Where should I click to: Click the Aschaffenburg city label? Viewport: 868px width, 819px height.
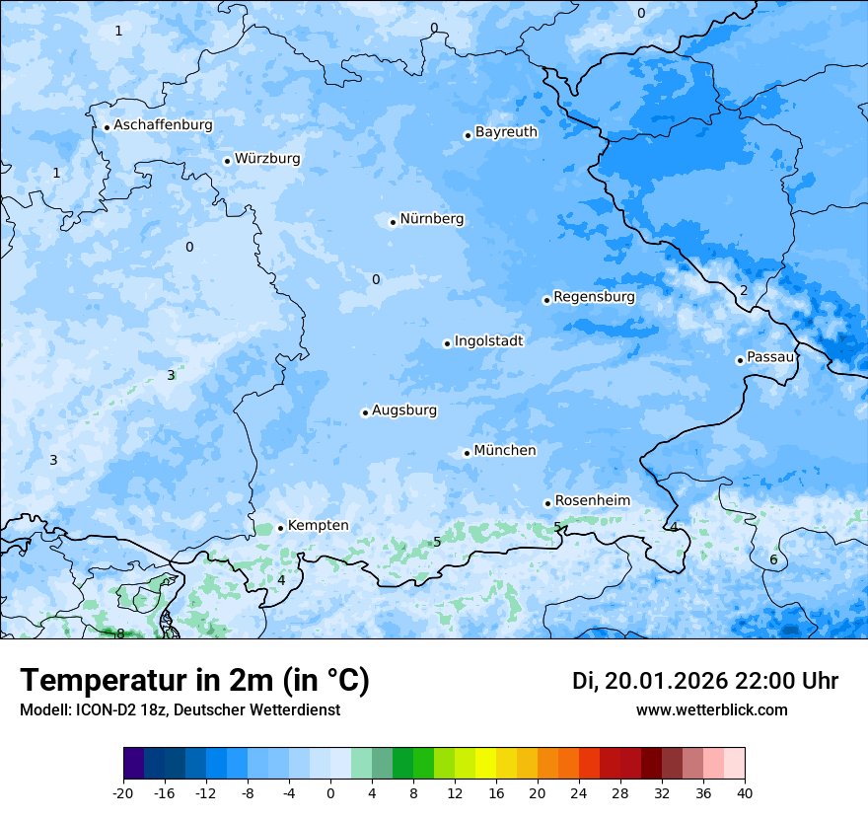pos(163,125)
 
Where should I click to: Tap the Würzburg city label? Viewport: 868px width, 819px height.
pos(267,159)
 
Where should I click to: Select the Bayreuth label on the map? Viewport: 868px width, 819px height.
pos(506,132)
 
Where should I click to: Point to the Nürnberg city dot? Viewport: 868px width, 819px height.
pos(393,222)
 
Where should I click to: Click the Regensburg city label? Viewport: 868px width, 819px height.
pos(594,297)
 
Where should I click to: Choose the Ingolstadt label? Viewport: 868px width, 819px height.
pos(488,341)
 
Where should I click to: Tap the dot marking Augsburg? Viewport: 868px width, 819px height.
pos(365,412)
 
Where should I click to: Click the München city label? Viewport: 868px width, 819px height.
pos(505,451)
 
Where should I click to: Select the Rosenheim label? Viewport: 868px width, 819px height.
pos(592,501)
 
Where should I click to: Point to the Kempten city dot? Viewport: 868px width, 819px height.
pos(280,528)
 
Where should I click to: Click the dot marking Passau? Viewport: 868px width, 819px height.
pos(740,360)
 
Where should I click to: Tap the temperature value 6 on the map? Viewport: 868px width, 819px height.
pos(773,560)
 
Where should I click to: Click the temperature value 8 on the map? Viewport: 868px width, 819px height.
pos(120,633)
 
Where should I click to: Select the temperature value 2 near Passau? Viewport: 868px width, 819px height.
pos(744,290)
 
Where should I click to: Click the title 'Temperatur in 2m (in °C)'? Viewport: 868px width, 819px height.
pos(194,681)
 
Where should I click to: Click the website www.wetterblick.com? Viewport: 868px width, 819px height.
pos(711,710)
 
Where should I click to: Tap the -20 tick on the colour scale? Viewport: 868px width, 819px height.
pos(123,792)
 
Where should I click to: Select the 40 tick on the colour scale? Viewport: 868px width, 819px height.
pos(745,792)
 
